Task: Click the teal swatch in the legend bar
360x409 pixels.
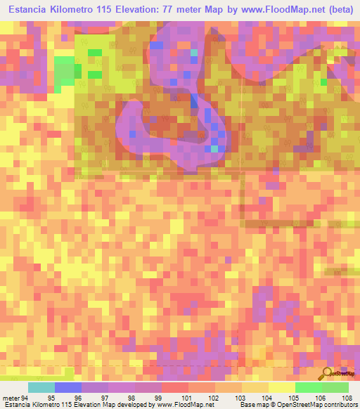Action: click(x=41, y=387)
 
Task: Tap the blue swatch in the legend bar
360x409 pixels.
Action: click(x=67, y=387)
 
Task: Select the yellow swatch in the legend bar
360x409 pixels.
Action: click(x=281, y=387)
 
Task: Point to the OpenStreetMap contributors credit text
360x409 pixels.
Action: click(x=316, y=405)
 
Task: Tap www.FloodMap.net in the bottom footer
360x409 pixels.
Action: click(x=186, y=405)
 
